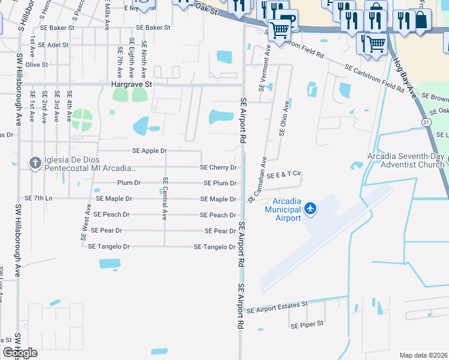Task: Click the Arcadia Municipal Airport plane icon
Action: (x=310, y=208)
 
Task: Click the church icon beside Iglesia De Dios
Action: (x=35, y=162)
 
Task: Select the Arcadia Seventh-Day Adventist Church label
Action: (x=406, y=160)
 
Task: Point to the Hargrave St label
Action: (x=132, y=85)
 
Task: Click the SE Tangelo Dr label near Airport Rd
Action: (x=214, y=247)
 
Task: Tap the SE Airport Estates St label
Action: (x=277, y=307)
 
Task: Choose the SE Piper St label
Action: (x=307, y=325)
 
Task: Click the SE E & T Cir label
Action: (x=284, y=175)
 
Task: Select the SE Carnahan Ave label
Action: (x=264, y=178)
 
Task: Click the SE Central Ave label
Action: (x=165, y=199)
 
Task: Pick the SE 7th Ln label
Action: (x=38, y=198)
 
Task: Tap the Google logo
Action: (x=20, y=352)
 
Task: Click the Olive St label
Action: (x=36, y=64)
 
